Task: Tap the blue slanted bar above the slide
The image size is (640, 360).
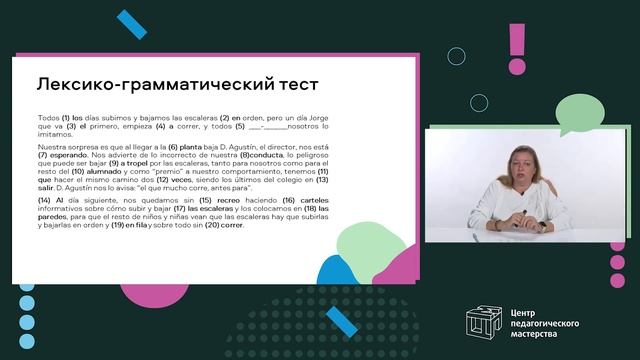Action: tap(131, 25)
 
